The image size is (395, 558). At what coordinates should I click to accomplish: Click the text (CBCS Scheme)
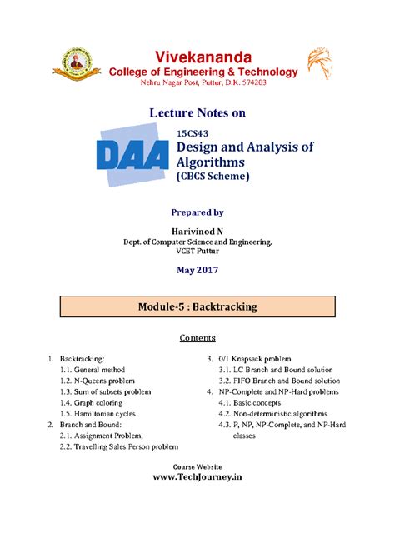pyautogui.click(x=212, y=177)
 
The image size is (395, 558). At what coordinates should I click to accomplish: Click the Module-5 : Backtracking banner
pyautogui.click(x=198, y=306)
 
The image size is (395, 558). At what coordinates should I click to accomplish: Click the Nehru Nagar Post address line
pyautogui.click(x=198, y=84)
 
